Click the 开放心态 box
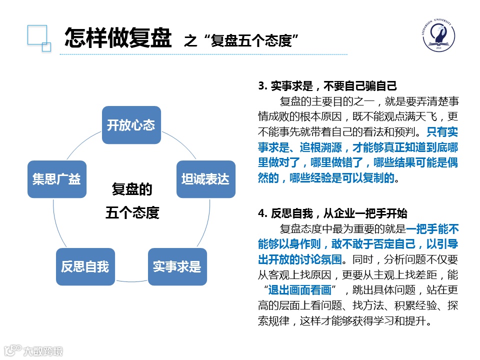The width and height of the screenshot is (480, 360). point(131,125)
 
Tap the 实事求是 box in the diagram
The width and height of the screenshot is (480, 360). point(177,266)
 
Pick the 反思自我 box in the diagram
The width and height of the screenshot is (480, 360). point(85,266)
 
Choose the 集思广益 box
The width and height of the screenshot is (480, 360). point(56,179)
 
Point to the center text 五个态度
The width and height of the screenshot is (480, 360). point(132,213)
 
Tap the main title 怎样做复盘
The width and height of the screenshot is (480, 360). point(118,37)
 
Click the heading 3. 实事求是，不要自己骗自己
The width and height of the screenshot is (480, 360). point(327,85)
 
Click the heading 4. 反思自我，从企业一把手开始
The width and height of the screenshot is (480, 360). point(332,213)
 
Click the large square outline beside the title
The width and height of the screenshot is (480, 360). point(36,35)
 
